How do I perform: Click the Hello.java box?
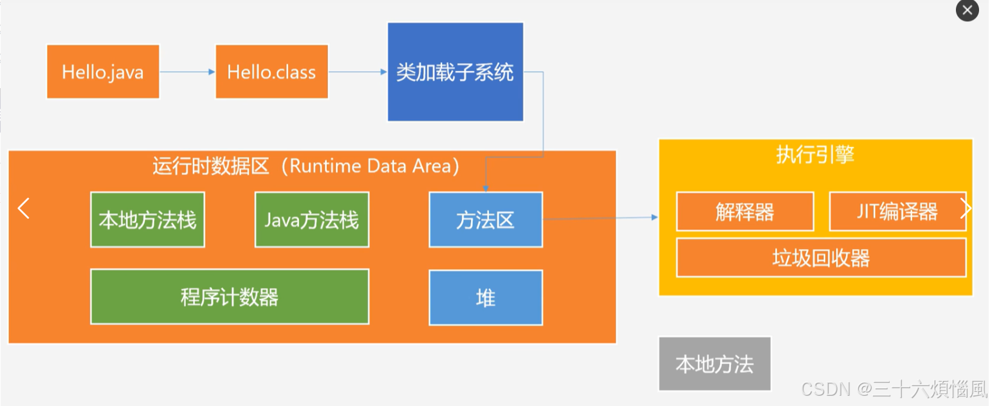coord(103,71)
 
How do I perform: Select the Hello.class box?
coord(271,71)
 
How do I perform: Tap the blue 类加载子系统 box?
coord(455,72)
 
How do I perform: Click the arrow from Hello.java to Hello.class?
coord(187,71)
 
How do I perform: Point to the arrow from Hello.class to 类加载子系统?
coord(358,71)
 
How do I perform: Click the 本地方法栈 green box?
coord(147,220)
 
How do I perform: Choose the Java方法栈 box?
coord(312,220)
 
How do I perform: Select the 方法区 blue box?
coord(486,220)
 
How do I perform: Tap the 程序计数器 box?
coord(230,297)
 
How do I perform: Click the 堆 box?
coord(486,298)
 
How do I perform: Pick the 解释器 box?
coord(744,212)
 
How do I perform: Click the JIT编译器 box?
coord(897,212)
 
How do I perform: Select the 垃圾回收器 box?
coord(821,257)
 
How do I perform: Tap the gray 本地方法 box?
coord(714,364)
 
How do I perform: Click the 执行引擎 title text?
coord(815,155)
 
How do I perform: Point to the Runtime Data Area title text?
coord(306,165)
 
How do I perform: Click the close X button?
coord(967,11)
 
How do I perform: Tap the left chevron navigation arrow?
coord(24,208)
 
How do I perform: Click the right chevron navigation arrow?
coord(965,208)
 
